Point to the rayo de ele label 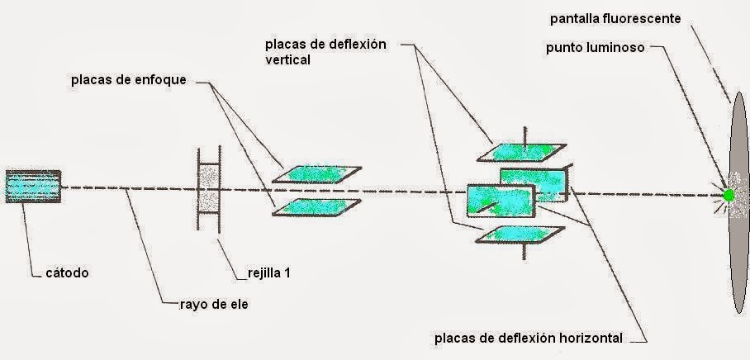tap(213, 304)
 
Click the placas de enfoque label tap(128, 80)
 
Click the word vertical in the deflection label tap(287, 60)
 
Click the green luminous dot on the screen tap(729, 196)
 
